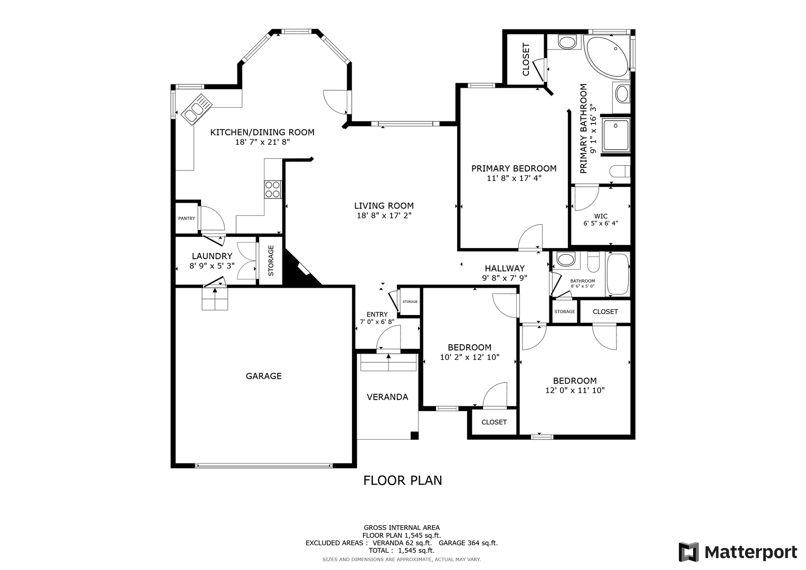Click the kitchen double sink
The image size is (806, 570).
[197, 109]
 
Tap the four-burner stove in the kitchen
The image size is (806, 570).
[272, 189]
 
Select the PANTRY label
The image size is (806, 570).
[187, 218]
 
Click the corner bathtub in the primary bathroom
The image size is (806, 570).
[607, 56]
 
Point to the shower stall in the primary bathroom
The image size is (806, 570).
[616, 135]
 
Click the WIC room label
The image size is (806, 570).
[601, 216]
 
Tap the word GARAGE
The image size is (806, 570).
[264, 376]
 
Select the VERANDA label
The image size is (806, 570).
[387, 397]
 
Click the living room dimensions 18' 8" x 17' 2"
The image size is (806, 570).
[384, 215]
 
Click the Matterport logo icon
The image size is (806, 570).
[689, 552]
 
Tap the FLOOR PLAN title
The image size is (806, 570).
[403, 480]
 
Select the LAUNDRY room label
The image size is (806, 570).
[212, 256]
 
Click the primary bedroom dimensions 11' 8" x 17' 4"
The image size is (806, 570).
[514, 178]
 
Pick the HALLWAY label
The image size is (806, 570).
[505, 269]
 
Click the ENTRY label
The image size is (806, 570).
[377, 315]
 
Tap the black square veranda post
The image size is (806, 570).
[414, 435]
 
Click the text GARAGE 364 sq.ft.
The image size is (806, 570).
[468, 543]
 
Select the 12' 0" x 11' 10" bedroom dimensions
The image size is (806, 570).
[575, 391]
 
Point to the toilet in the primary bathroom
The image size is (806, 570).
[620, 171]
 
